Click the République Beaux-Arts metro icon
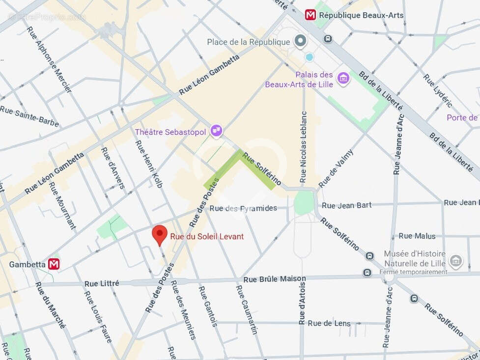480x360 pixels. click(311, 15)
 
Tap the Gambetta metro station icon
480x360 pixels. click(54, 264)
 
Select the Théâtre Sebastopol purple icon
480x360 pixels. click(216, 131)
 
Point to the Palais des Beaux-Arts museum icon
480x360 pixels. click(343, 78)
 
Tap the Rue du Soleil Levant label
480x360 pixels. click(207, 237)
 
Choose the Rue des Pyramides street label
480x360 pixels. click(243, 208)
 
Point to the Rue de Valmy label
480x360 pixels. click(336, 167)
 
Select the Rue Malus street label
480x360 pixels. click(417, 236)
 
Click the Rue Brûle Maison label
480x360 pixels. click(275, 279)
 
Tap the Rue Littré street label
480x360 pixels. click(102, 283)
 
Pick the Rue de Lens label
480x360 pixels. click(329, 323)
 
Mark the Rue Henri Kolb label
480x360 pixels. click(148, 167)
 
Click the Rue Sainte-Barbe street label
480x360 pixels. click(29, 116)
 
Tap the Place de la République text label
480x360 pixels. click(249, 42)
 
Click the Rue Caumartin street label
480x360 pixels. click(247, 309)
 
